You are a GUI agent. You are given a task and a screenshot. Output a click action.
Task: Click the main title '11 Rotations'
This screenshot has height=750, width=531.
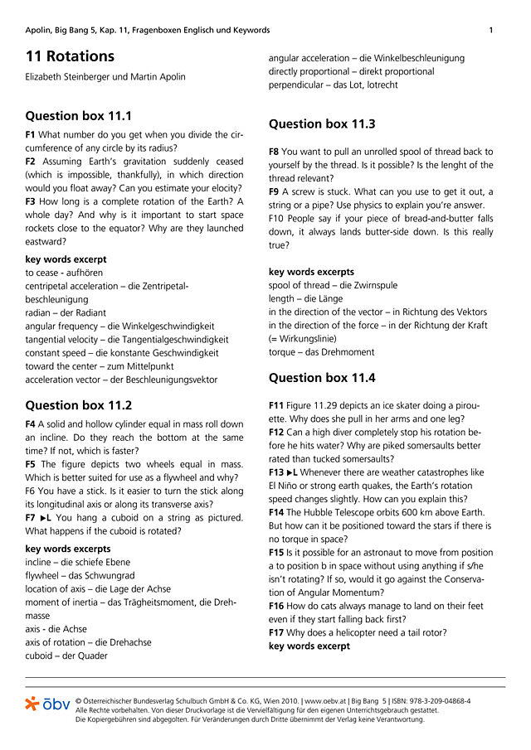70,56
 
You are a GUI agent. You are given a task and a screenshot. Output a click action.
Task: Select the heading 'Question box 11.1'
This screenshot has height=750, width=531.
79,116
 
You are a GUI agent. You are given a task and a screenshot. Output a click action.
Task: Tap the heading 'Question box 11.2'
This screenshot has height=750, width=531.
79,405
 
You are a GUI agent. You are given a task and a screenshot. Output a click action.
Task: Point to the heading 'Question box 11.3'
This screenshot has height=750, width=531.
322,123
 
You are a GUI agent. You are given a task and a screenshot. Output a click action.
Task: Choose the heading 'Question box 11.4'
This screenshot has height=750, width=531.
322,377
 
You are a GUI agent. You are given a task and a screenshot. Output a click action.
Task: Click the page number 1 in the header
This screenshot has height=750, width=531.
491,31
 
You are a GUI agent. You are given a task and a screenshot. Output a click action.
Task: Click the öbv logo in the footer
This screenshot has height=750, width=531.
48,704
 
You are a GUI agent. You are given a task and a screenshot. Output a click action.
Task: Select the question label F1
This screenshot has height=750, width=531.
31,134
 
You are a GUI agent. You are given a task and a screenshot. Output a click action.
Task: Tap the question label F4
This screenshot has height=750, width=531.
31,423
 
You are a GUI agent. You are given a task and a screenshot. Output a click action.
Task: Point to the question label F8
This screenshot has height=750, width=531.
274,152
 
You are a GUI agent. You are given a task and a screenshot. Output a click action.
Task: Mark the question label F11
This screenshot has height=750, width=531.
276,405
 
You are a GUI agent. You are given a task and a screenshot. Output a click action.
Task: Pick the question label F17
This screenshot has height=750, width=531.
276,633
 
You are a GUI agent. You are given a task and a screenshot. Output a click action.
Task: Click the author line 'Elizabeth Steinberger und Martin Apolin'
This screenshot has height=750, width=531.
105,77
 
